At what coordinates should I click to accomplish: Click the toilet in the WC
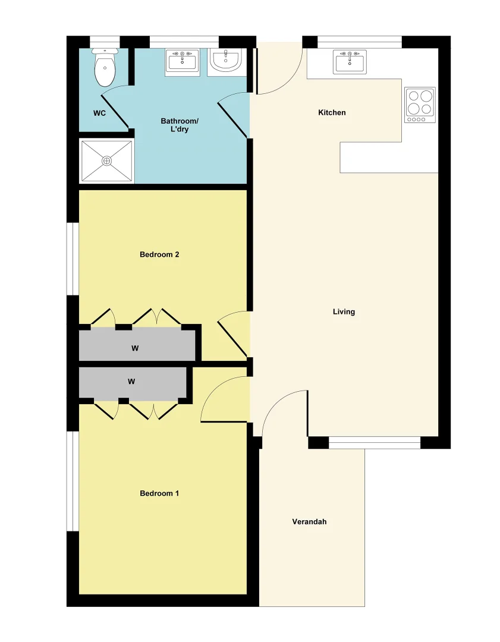point(105,68)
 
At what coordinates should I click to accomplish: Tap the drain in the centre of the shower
point(106,160)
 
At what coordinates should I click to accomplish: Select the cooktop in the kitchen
point(420,105)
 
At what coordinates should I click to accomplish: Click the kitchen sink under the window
point(350,62)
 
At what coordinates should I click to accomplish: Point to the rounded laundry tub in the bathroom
point(225,61)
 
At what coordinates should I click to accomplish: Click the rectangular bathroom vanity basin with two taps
point(182,61)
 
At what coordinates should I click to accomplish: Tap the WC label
point(99,113)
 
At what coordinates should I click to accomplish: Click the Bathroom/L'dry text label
point(180,125)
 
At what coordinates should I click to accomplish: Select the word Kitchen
point(332,112)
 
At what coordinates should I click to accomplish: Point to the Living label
point(344,311)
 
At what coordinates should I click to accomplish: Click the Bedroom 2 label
point(159,254)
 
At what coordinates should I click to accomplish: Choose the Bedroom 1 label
point(159,493)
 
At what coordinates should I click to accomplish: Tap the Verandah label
point(309,522)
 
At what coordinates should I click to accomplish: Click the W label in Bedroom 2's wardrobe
point(135,348)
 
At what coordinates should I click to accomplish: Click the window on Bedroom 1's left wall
point(73,480)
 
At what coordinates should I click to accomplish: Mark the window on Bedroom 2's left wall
point(73,259)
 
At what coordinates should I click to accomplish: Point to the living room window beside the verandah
point(375,442)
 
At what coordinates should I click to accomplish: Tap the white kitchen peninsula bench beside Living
point(389,158)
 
